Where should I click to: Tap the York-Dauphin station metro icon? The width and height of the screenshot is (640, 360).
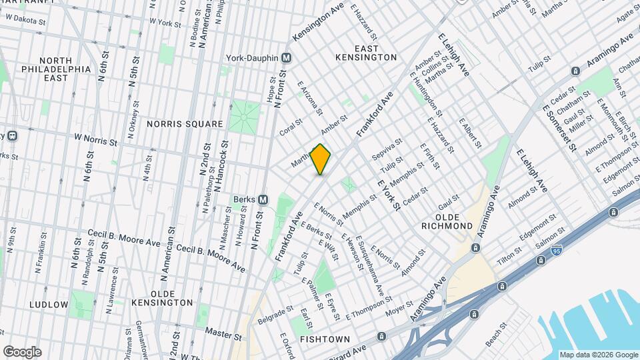pyautogui.click(x=286, y=58)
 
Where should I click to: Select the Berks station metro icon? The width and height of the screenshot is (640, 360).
pyautogui.click(x=263, y=199)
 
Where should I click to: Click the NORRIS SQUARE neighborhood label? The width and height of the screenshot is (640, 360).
pyautogui.click(x=185, y=124)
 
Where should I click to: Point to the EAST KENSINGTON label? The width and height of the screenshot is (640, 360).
pyautogui.click(x=366, y=53)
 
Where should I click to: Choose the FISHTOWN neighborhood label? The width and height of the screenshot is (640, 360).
pyautogui.click(x=325, y=339)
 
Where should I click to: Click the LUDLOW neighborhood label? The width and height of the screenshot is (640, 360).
pyautogui.click(x=49, y=305)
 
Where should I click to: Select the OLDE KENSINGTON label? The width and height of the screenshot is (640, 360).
pyautogui.click(x=163, y=298)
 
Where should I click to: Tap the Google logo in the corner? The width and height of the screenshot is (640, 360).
pyautogui.click(x=22, y=352)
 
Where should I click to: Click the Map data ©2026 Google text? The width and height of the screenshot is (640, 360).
pyautogui.click(x=598, y=355)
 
